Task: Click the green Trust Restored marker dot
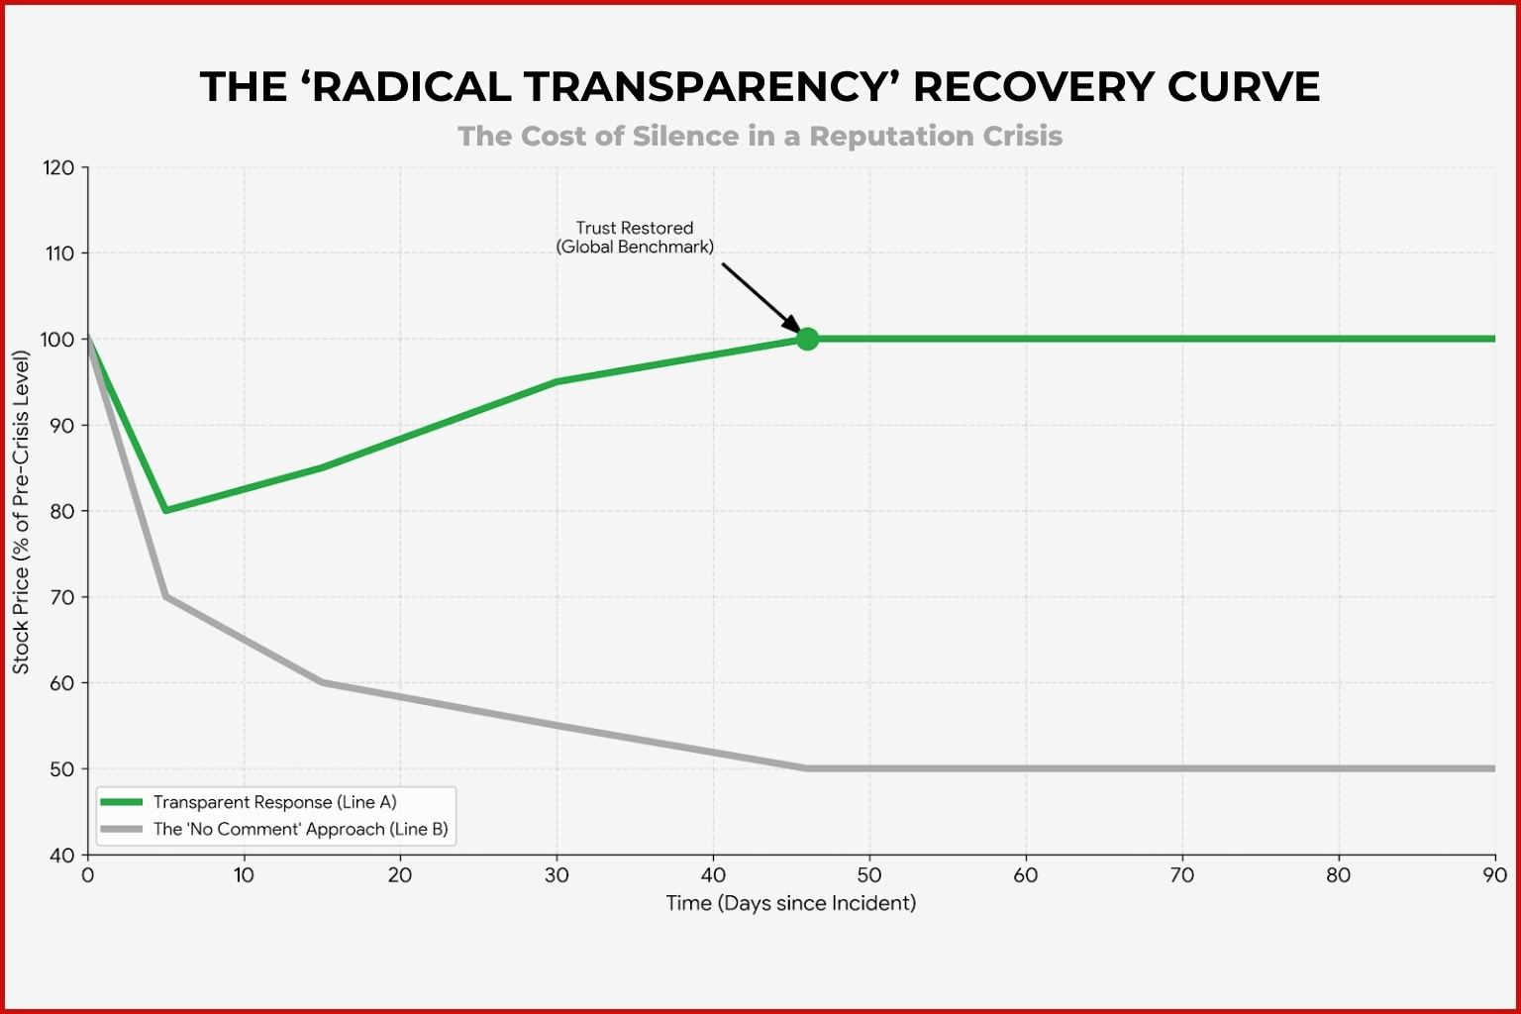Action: click(x=807, y=339)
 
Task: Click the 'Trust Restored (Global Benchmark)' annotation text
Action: click(x=635, y=238)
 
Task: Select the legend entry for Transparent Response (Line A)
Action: click(x=274, y=802)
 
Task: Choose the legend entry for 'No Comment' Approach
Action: click(x=300, y=829)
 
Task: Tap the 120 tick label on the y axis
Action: click(x=58, y=167)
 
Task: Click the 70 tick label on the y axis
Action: click(x=61, y=597)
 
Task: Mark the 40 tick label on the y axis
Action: click(x=61, y=855)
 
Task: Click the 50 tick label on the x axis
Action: click(x=868, y=875)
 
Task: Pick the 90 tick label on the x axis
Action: click(x=1494, y=875)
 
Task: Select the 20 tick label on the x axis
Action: click(x=400, y=875)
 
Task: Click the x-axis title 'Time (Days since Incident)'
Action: click(x=790, y=903)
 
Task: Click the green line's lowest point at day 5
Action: click(x=165, y=510)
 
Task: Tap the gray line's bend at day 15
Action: click(x=322, y=682)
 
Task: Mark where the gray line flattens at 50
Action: click(x=806, y=768)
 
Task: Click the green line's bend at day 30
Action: click(x=557, y=381)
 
